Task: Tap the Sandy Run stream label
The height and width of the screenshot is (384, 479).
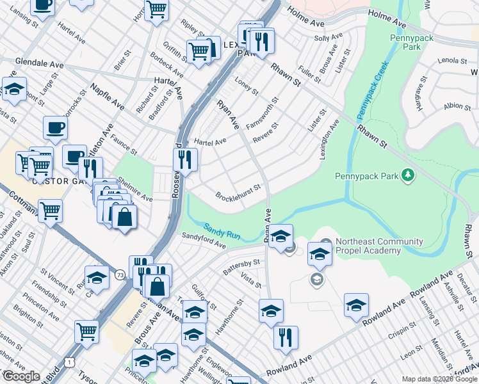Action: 222,231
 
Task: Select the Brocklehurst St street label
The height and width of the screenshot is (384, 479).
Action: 238,191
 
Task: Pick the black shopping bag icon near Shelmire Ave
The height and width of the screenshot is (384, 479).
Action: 124,217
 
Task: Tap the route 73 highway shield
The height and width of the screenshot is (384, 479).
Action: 120,275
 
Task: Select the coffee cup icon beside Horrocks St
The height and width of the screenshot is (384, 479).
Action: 56,127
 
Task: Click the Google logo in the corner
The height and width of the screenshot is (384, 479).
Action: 20,376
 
